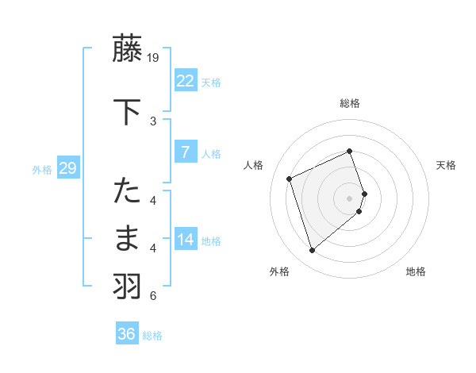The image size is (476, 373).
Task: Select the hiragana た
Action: point(128,191)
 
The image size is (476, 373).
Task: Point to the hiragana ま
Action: point(128,238)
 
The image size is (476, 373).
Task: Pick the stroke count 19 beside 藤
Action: point(154,57)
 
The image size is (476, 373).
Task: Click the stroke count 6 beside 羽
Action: point(153,296)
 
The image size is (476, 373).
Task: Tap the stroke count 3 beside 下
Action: point(153,121)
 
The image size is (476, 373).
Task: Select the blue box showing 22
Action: point(185,81)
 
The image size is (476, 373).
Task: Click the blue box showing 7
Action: point(185,152)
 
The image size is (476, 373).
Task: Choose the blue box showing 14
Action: point(185,240)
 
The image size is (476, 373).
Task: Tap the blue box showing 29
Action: point(67,168)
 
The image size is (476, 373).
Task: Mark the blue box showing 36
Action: point(126,334)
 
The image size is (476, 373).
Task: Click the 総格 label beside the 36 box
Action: point(152,336)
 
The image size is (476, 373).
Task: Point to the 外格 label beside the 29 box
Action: point(42,170)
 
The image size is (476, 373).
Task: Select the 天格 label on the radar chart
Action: point(446,165)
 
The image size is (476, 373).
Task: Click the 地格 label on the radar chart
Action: point(416,271)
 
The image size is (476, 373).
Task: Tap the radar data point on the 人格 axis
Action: point(290,178)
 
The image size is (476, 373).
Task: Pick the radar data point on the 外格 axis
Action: point(312,251)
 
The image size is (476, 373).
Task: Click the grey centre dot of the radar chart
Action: point(350,198)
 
